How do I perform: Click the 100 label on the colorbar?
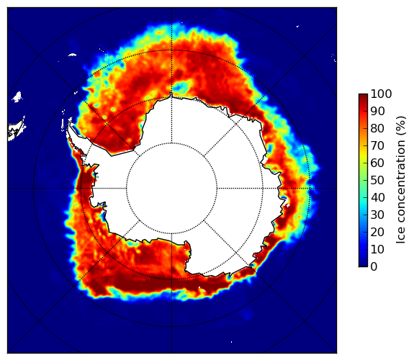tap(382, 94)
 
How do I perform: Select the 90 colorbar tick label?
tap(378, 111)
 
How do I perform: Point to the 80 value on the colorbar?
tap(378, 128)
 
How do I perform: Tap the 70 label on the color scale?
tap(378, 145)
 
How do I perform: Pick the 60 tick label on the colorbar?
tap(378, 163)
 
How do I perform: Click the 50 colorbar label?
tap(378, 180)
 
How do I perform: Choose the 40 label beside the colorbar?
tap(378, 197)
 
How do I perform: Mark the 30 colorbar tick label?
tap(378, 215)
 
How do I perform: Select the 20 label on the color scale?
tap(378, 232)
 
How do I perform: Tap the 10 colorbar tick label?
tap(378, 249)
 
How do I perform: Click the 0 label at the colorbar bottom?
tap(374, 266)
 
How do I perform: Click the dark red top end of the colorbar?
tap(363, 96)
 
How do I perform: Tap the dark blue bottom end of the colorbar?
tap(363, 265)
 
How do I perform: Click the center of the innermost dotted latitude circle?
tap(171, 189)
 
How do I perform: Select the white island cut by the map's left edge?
tap(15, 130)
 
